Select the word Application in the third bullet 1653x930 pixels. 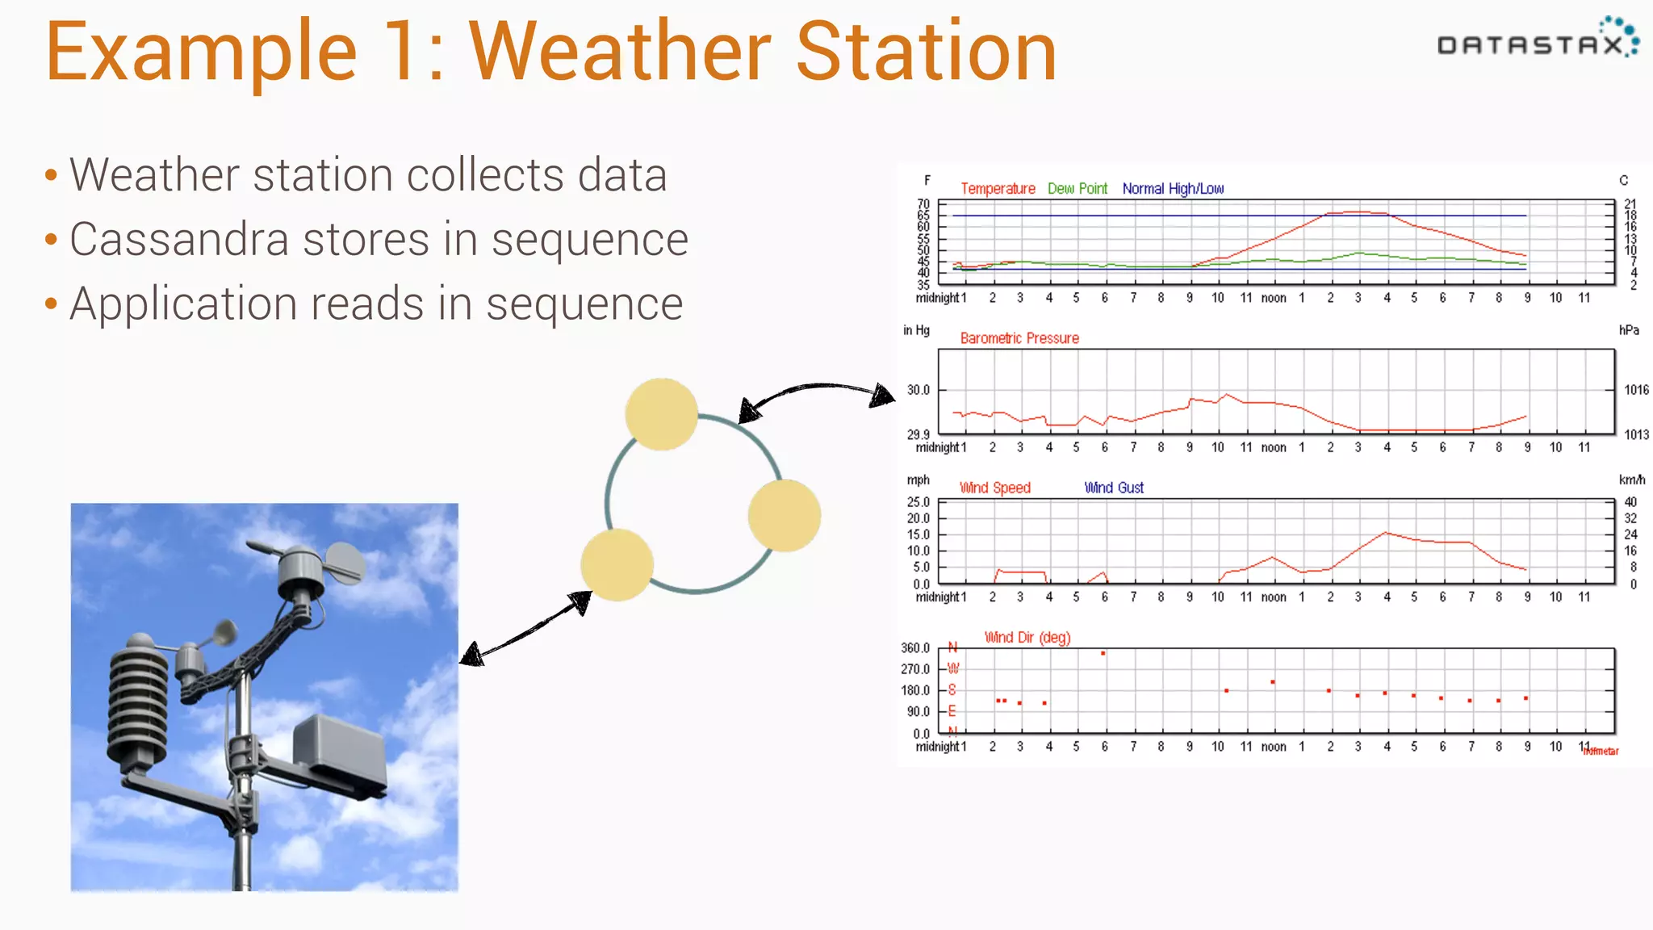pos(182,304)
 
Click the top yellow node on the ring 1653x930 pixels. pos(661,414)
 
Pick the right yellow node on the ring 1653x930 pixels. pos(784,516)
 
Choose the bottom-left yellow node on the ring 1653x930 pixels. pos(617,565)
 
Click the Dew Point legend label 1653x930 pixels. pos(1077,189)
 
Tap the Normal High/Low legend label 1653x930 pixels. pos(1172,189)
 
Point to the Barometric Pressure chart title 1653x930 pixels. pos(1019,338)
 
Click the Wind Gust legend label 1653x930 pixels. pos(1113,488)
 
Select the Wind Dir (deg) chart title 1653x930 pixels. pos(1027,638)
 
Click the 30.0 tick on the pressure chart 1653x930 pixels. pos(918,390)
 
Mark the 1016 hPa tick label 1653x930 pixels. pos(1635,390)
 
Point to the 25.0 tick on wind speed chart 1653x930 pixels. pos(918,502)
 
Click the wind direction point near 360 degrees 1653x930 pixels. pos(1103,653)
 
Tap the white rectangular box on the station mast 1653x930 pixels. pos(339,751)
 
